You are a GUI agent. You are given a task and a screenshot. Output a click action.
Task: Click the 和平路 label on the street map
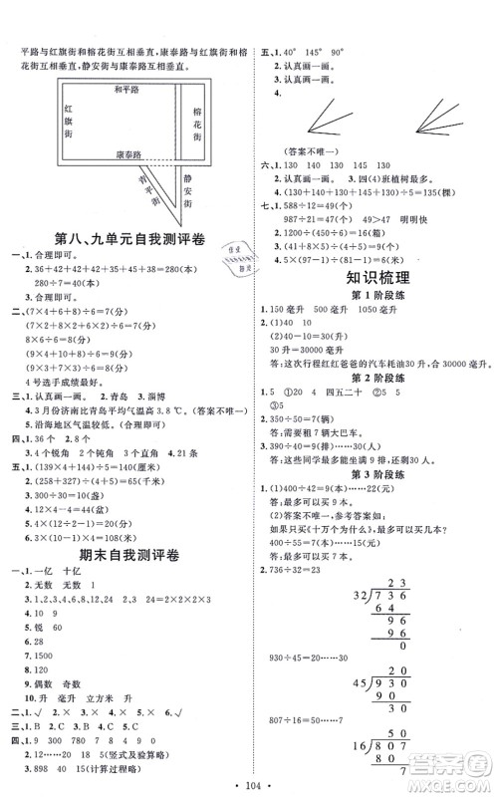click(124, 89)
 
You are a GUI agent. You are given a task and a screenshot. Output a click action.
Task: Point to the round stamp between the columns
click(235, 260)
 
